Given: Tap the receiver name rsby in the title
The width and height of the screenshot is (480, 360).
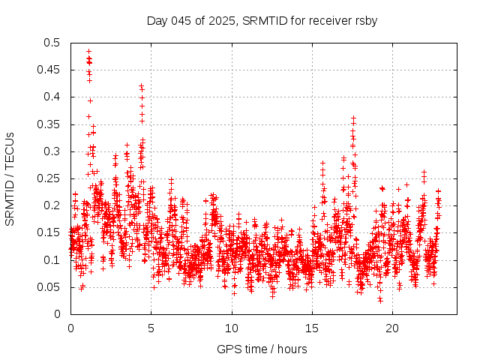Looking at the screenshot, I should click(364, 20).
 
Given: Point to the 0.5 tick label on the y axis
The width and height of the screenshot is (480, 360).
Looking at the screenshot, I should click(52, 43).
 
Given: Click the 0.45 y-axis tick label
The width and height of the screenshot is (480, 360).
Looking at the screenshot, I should click(49, 70).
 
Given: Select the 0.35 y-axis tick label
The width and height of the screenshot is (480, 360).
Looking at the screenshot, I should click(49, 124).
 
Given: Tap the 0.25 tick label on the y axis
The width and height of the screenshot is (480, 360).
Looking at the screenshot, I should click(49, 178).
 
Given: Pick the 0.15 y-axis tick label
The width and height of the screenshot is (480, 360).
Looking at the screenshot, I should click(49, 232).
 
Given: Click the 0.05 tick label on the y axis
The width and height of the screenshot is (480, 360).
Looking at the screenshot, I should click(49, 286).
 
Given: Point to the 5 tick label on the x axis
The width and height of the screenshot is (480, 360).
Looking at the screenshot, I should click(151, 328).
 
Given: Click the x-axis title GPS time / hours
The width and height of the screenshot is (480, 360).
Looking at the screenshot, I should click(262, 349).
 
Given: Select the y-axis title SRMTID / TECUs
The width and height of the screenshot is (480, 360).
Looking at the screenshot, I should click(10, 178).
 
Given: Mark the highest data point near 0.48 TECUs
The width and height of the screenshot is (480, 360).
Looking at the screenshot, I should click(88, 52).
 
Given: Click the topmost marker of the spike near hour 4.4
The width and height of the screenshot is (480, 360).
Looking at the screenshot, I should click(141, 86).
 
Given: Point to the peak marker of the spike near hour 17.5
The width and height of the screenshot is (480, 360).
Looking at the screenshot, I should click(353, 118).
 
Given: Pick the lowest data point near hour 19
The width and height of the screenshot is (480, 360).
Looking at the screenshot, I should click(380, 300).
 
